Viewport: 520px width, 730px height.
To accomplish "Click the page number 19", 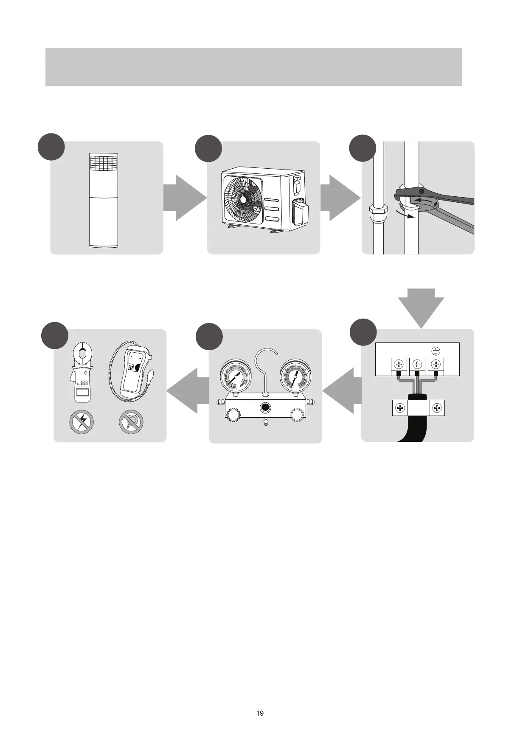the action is point(260,713).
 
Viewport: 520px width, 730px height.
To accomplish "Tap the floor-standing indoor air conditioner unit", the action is point(104,200).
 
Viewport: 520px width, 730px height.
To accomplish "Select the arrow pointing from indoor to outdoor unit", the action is point(185,198).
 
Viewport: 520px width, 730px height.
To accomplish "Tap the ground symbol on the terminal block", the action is point(435,351).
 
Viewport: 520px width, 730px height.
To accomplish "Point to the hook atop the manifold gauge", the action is point(265,368).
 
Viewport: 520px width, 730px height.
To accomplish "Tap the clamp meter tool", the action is point(82,373).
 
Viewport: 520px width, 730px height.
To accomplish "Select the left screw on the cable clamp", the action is point(400,408).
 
